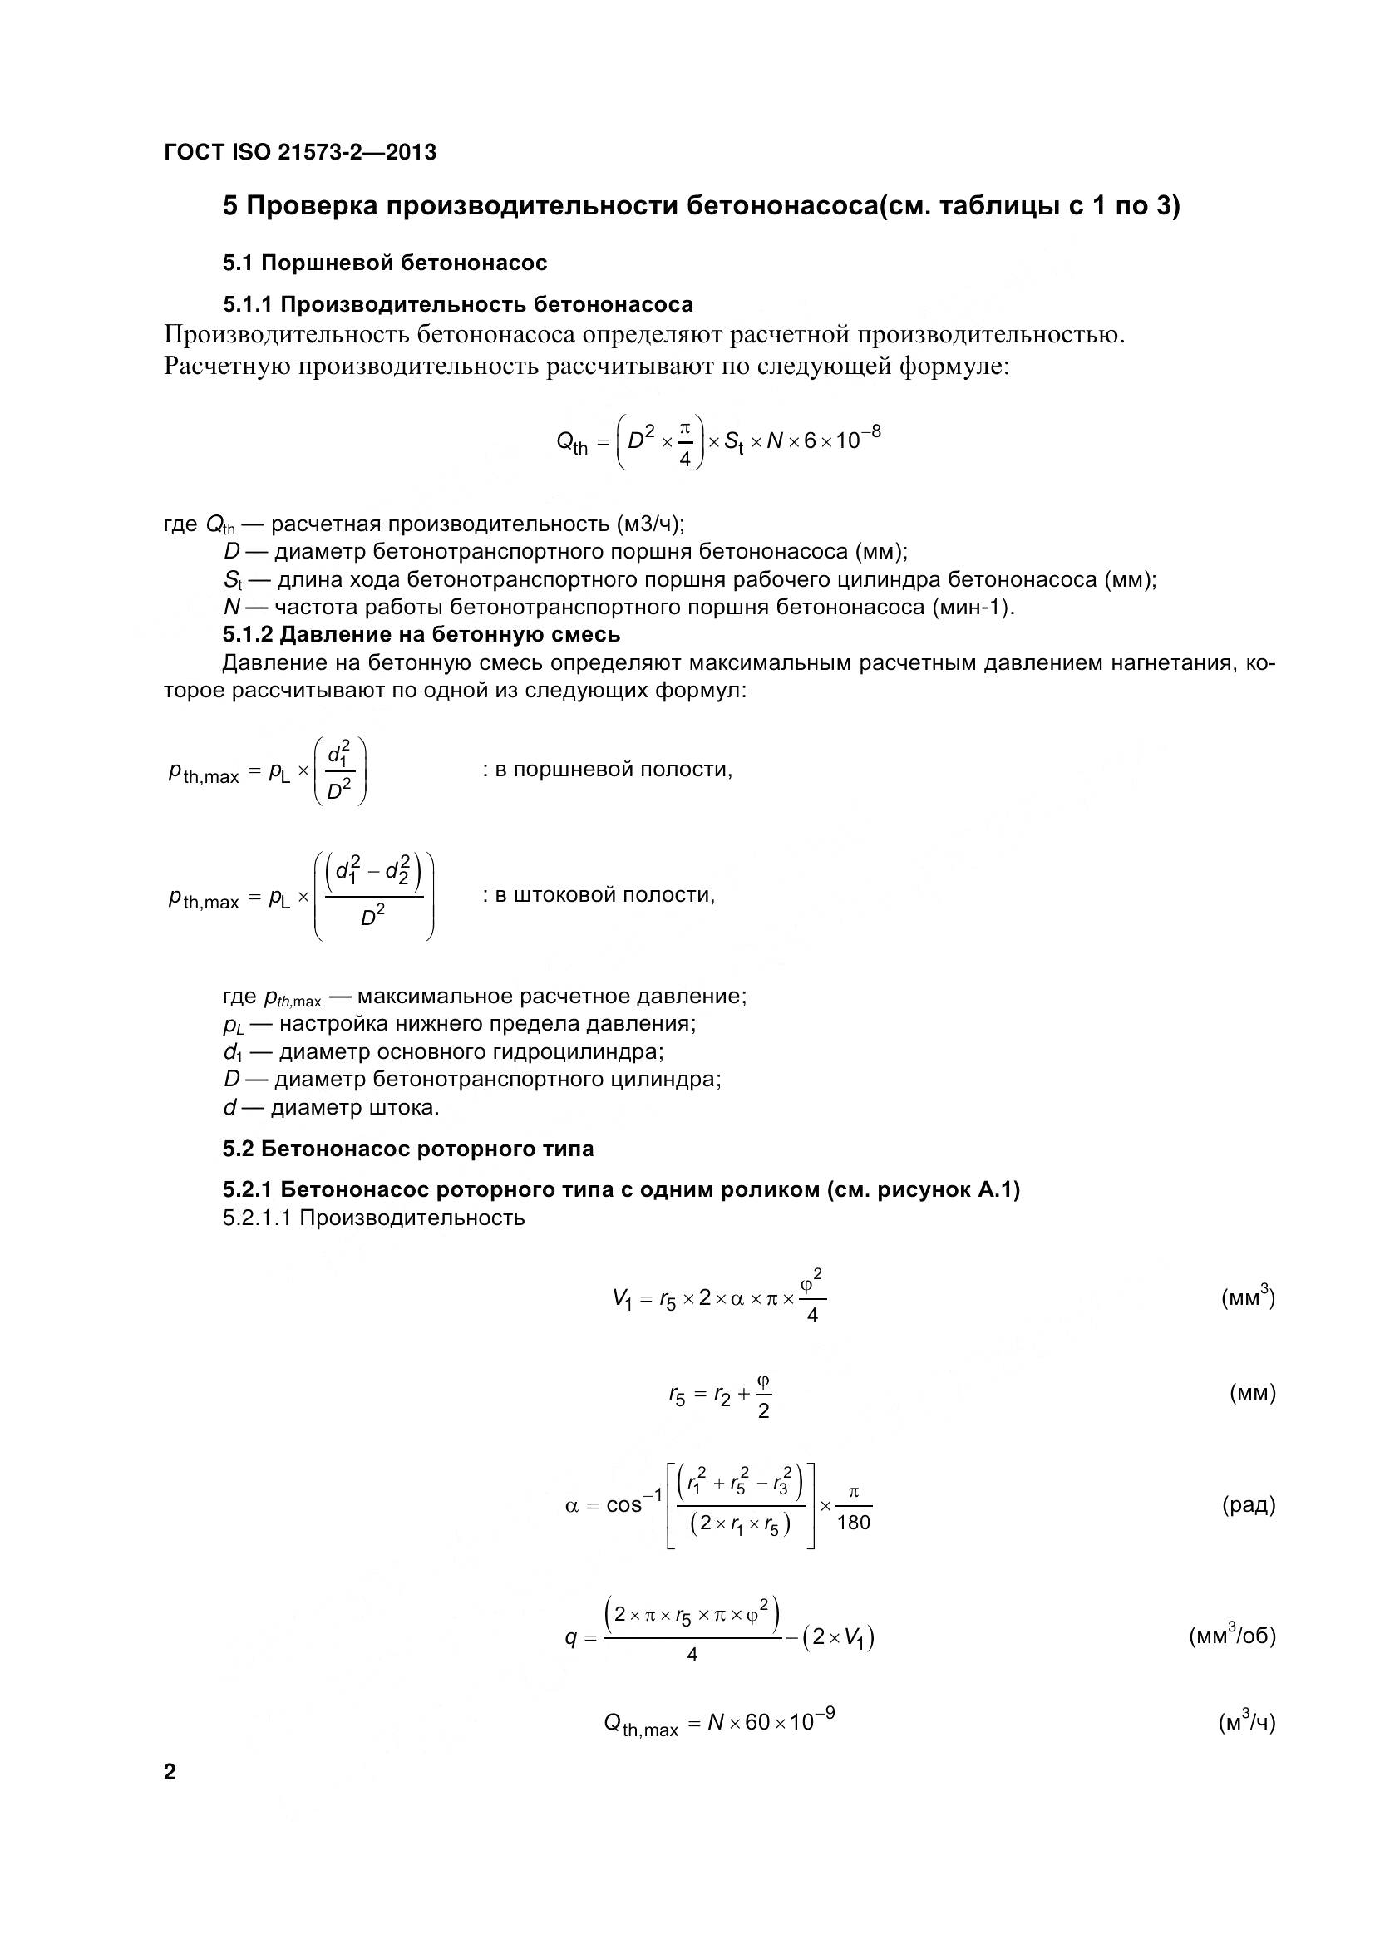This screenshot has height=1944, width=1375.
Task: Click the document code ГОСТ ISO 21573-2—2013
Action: click(300, 152)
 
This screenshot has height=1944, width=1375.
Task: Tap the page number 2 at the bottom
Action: click(170, 1772)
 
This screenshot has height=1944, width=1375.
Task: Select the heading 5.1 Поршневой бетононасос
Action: click(384, 263)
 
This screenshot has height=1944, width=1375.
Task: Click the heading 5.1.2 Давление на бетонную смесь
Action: click(421, 634)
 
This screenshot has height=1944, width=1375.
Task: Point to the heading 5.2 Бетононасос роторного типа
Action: click(408, 1149)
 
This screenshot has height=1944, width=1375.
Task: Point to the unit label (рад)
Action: click(1248, 1504)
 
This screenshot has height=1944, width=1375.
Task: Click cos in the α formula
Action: click(624, 1505)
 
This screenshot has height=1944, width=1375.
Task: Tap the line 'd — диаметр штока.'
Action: click(331, 1106)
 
